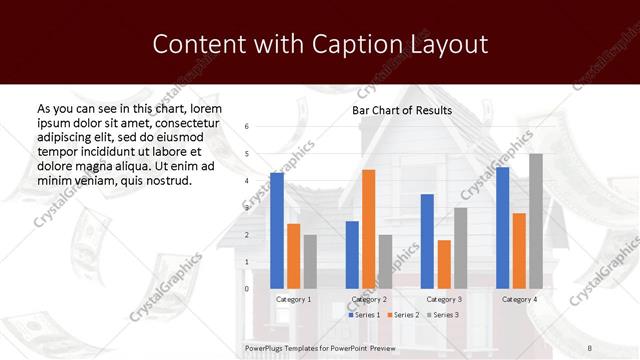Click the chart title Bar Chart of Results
(402, 110)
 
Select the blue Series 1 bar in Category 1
(277, 230)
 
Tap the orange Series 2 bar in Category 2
(369, 229)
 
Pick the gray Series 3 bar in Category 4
(536, 221)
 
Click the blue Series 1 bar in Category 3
(427, 241)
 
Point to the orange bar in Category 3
(444, 264)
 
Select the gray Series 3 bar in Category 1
(310, 261)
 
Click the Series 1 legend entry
(364, 315)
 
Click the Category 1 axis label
(294, 299)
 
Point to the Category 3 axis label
(444, 299)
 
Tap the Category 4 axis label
(519, 299)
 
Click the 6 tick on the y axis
(247, 126)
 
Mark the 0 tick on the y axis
(247, 289)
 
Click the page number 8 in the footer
(617, 348)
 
